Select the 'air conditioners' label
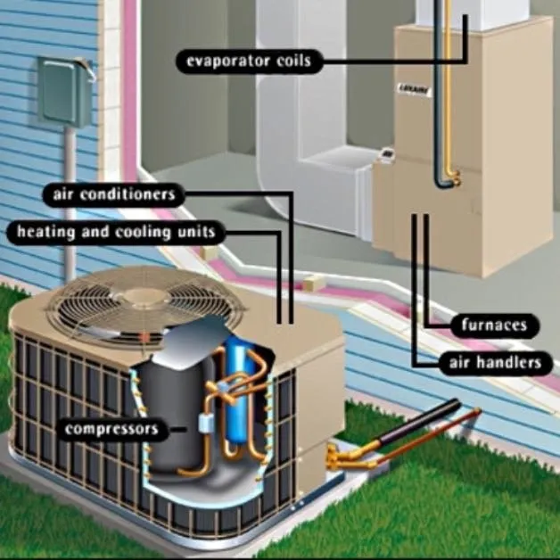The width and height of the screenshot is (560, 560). click(115, 194)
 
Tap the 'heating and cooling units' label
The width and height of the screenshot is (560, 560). click(115, 233)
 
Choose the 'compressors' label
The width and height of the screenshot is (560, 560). click(111, 429)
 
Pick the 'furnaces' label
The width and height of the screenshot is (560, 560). click(495, 325)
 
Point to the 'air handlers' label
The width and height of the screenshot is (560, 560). click(491, 362)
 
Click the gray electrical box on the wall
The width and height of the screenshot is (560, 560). click(63, 90)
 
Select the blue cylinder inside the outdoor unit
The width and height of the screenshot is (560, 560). click(239, 392)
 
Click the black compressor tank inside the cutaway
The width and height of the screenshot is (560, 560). click(169, 401)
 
